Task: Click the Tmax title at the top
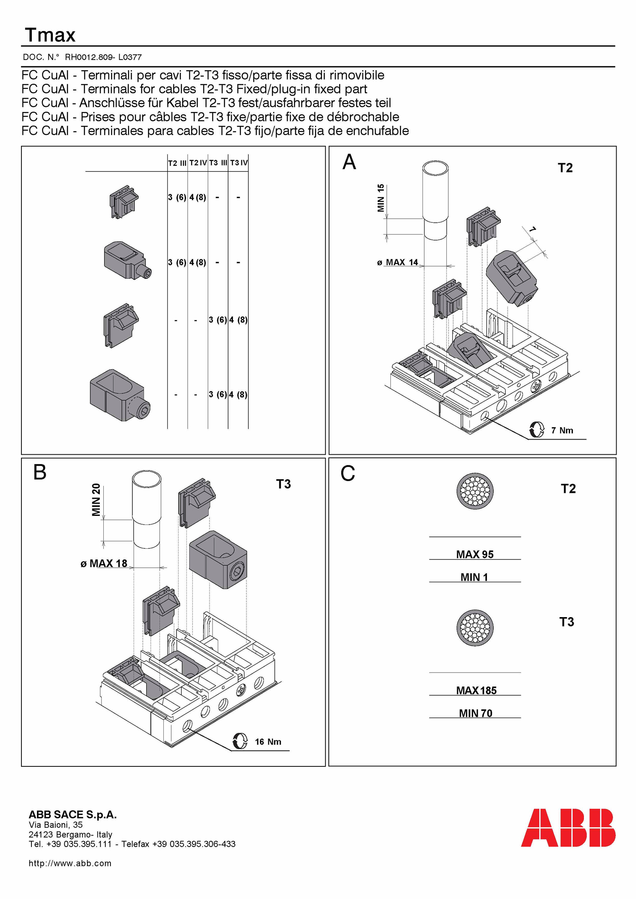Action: point(50,35)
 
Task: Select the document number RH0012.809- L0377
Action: point(103,57)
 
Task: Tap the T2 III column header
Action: point(177,163)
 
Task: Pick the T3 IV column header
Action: point(239,163)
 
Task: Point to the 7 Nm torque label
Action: point(562,430)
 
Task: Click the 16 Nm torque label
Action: point(268,742)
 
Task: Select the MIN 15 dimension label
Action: point(381,198)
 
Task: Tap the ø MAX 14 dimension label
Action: point(397,262)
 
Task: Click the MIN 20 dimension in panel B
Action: point(96,500)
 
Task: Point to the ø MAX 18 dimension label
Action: point(104,563)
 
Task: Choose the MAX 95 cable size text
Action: point(475,554)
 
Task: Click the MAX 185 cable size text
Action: point(476,691)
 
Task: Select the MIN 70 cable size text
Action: point(475,713)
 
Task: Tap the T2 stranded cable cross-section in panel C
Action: point(475,491)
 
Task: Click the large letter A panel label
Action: point(349,162)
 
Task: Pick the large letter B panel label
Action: point(40,473)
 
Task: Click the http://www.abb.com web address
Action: point(70,863)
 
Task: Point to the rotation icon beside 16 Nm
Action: point(240,741)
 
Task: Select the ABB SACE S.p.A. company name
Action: point(72,815)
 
